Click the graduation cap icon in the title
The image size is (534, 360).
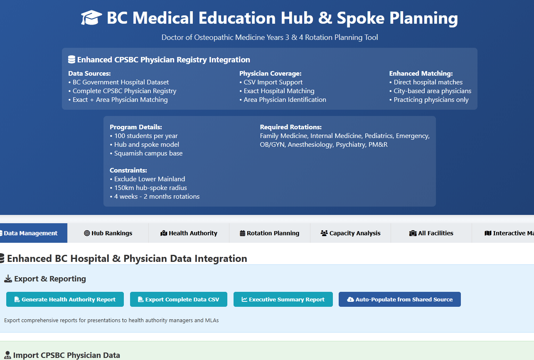coord(91,18)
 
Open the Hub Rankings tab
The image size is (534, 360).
coord(108,233)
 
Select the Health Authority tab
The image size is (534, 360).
coord(189,233)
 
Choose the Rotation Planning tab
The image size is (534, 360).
coord(269,233)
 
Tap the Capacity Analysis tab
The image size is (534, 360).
coord(350,233)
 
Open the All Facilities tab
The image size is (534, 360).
coord(431,233)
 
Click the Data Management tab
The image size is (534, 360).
coord(31,233)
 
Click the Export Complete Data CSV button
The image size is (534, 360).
coord(178,299)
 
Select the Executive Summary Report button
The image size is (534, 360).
coord(283,299)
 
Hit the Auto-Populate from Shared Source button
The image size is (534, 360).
coord(399,299)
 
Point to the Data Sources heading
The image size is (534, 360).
coord(89,74)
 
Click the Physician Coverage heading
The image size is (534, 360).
coord(270,74)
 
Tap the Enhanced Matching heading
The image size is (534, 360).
coord(421,74)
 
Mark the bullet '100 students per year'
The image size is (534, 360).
coord(144,136)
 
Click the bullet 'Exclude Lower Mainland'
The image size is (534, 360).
coord(148,179)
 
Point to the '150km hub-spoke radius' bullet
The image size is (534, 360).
coord(148,188)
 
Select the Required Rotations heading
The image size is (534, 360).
coord(290,127)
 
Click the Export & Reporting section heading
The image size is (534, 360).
coord(50,279)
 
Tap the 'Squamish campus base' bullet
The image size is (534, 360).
coord(146,153)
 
